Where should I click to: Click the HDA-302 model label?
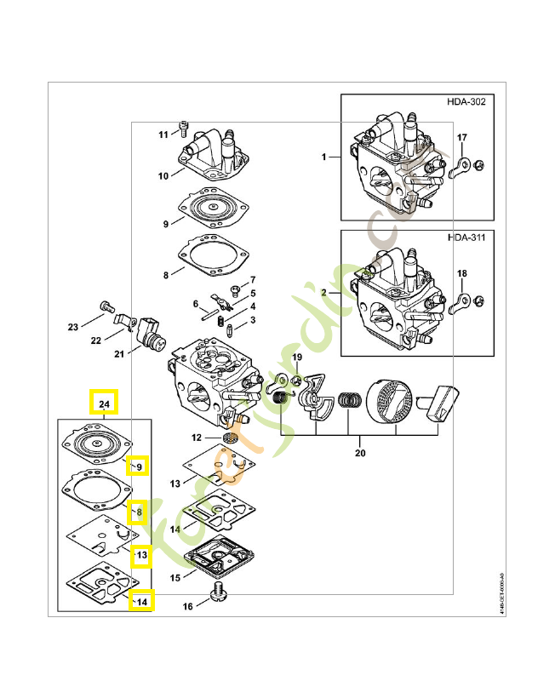[466, 102]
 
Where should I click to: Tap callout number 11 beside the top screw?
[163, 134]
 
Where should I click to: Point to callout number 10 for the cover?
[163, 176]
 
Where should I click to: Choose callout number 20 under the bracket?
[359, 453]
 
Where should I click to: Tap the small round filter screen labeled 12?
[227, 438]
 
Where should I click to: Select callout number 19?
[297, 357]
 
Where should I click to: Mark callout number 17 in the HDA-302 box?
[462, 137]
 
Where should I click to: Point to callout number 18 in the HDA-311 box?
[462, 273]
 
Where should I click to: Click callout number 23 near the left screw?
[73, 327]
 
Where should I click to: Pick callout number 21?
[119, 354]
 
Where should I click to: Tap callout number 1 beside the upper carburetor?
[324, 157]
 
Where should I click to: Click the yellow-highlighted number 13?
[141, 555]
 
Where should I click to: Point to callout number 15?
[175, 578]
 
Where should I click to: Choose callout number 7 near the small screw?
[252, 280]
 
